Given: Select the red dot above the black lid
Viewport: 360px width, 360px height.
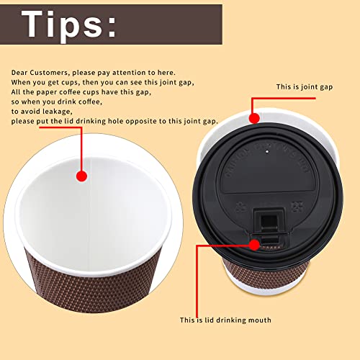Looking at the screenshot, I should click(253, 117).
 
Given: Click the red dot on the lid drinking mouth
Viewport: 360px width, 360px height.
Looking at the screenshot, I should click(253, 245).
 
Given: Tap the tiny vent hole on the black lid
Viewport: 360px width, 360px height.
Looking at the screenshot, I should click(267, 153).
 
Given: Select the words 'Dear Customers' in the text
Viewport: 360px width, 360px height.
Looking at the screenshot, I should click(36, 73).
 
